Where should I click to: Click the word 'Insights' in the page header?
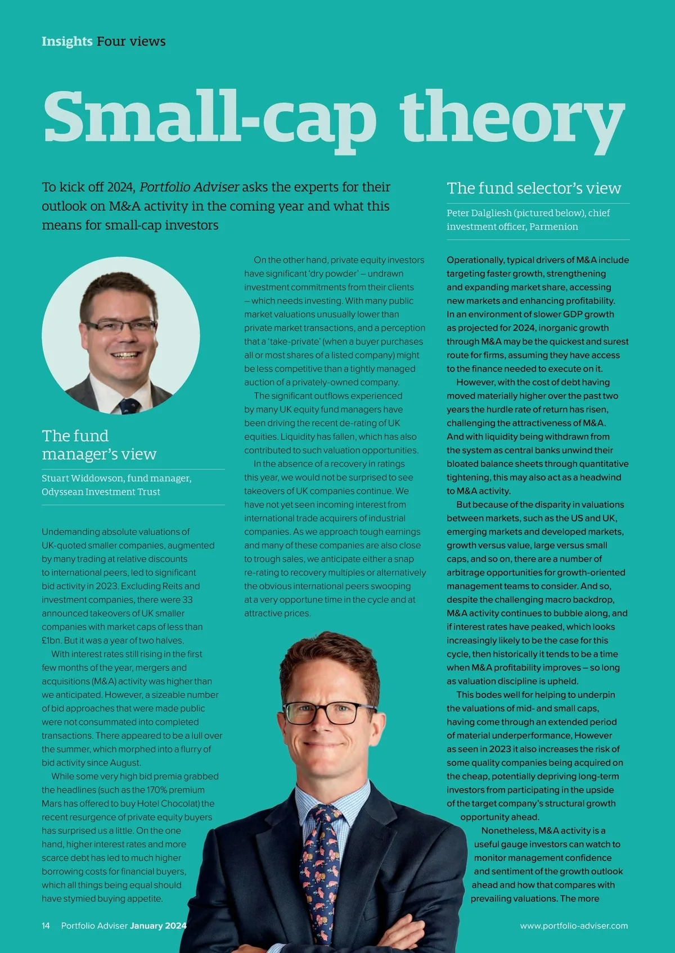point(67,41)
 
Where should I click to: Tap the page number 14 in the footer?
point(46,925)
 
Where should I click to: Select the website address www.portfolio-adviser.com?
point(574,925)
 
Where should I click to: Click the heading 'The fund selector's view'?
point(534,188)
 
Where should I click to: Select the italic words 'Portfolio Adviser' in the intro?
point(189,187)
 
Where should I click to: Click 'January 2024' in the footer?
point(158,925)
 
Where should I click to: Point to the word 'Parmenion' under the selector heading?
point(553,226)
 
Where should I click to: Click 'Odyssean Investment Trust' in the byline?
point(101,492)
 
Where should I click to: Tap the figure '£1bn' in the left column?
point(51,641)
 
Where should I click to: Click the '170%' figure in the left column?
point(159,790)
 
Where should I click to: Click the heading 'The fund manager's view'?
point(99,444)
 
